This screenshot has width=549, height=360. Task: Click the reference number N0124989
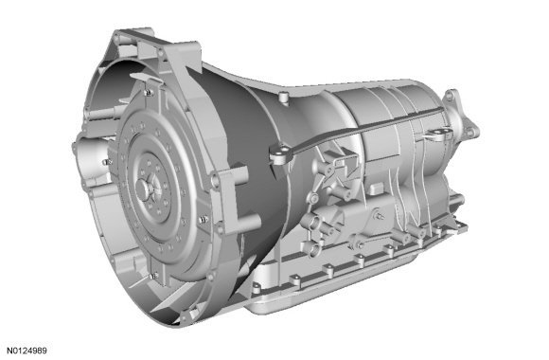pos(27,351)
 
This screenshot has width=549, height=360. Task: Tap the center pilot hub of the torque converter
pos(144,189)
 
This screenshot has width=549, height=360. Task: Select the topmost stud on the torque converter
pos(149,93)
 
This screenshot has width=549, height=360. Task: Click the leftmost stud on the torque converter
pos(107,162)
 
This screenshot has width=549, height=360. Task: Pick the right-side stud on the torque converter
pos(204,220)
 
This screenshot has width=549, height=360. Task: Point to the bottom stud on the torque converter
pos(153,277)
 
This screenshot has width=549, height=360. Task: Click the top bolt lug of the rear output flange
pos(451,95)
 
